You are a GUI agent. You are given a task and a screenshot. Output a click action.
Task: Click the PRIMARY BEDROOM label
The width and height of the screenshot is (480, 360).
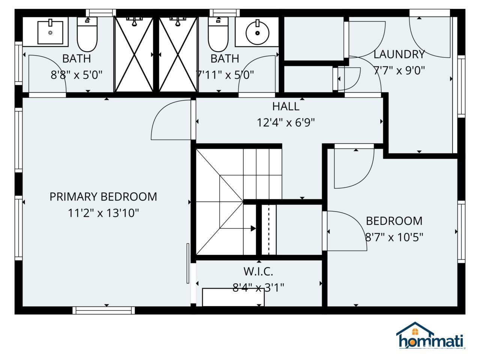click(103, 196)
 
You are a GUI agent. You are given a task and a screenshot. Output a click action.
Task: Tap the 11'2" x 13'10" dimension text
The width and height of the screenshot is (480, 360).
click(103, 213)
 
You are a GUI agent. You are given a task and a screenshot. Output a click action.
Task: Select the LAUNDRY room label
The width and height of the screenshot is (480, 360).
click(399, 54)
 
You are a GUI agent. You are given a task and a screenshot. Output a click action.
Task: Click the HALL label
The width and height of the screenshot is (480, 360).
click(286, 106)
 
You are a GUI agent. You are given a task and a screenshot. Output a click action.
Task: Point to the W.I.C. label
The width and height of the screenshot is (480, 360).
click(258, 271)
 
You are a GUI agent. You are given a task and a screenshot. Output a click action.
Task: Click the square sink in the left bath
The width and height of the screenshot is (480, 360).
click(50, 32)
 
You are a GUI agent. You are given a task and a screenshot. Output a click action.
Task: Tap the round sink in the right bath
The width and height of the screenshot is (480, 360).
click(257, 33)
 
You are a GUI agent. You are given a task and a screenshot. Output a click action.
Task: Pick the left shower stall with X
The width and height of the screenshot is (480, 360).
click(134, 54)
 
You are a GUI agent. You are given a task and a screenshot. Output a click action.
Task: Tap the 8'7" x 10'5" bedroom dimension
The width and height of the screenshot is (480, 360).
click(394, 237)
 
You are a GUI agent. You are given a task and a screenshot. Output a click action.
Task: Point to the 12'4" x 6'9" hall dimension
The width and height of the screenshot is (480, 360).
click(286, 123)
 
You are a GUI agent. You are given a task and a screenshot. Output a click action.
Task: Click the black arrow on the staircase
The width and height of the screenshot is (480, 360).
click(253, 228)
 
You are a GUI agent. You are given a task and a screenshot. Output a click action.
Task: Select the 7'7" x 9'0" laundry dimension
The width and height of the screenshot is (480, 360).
click(399, 70)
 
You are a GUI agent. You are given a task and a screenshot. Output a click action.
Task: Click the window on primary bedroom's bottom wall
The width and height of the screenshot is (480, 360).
click(103, 310)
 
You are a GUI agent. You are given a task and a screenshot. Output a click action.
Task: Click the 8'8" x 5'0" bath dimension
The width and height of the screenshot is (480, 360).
click(76, 75)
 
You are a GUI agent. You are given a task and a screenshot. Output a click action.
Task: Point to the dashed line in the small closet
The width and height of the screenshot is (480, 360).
click(268, 230)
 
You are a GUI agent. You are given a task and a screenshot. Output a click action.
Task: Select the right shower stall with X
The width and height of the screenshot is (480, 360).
click(178, 54)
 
